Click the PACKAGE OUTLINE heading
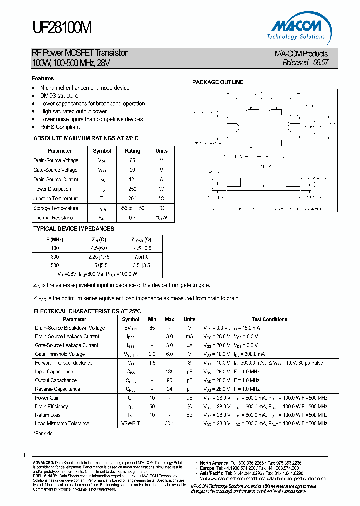pyautogui.click(x=218, y=82)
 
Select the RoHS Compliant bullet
pyautogui.click(x=60, y=127)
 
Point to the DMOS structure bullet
pyautogui.click(x=59, y=96)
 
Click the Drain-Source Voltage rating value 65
pyautogui.click(x=132, y=160)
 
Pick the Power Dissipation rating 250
pyautogui.click(x=132, y=189)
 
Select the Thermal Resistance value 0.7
pyautogui.click(x=132, y=218)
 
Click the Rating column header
pyautogui.click(x=132, y=151)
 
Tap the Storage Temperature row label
pyautogui.click(x=56, y=208)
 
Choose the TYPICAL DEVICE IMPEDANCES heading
pyautogui.click(x=73, y=229)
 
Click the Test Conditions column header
pyautogui.click(x=269, y=319)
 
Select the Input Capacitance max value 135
pyautogui.click(x=169, y=371)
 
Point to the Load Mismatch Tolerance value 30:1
pyautogui.click(x=169, y=423)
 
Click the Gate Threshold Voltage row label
pyautogui.click(x=60, y=354)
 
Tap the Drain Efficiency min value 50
pyautogui.click(x=152, y=406)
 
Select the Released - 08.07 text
pyautogui.click(x=305, y=63)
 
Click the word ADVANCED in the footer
pyautogui.click(x=43, y=463)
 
